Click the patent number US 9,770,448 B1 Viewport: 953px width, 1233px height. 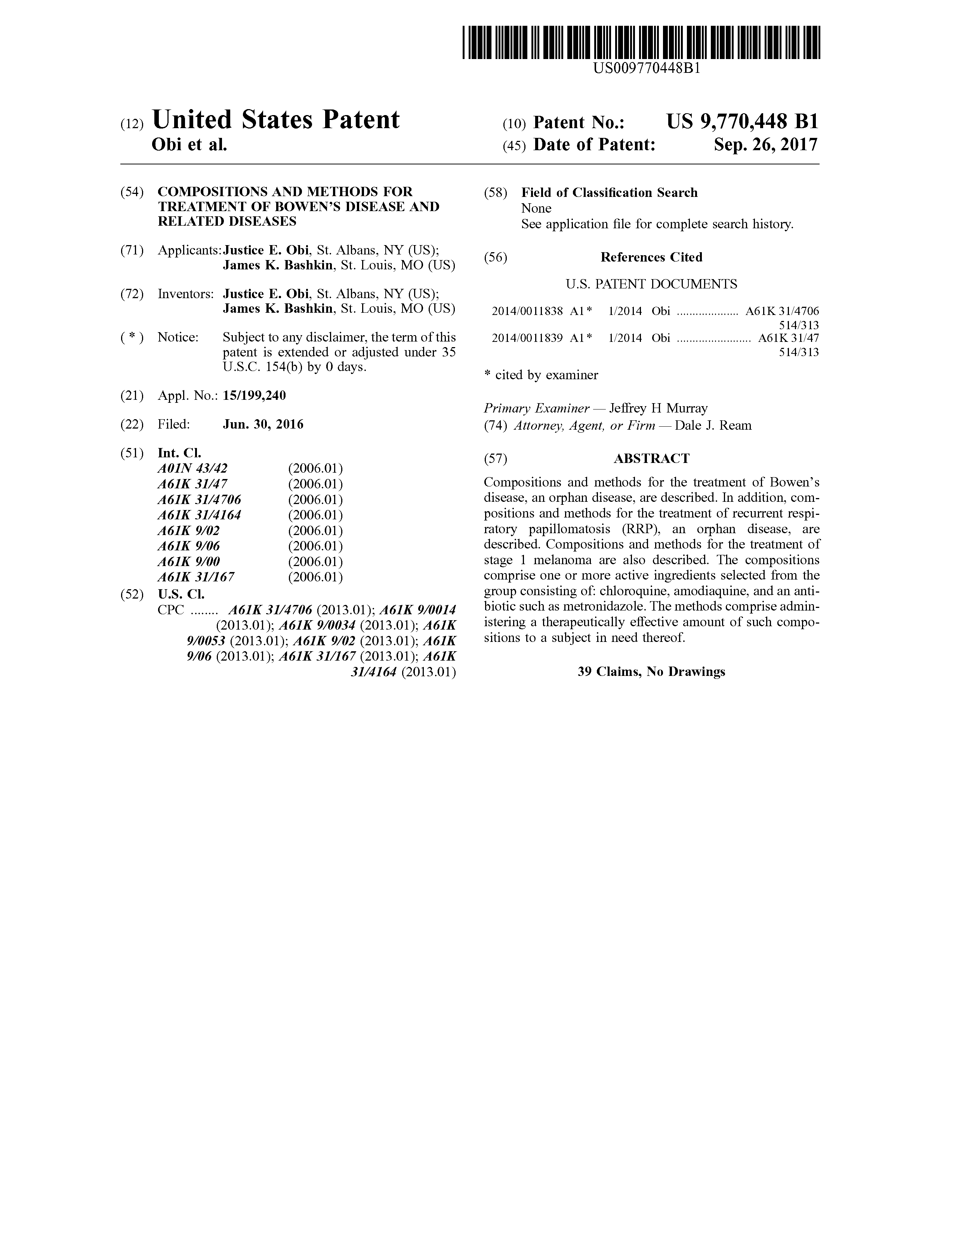742,122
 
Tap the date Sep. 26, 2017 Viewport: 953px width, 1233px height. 765,145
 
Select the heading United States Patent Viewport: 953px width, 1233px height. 275,120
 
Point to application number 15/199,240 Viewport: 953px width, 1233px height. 254,396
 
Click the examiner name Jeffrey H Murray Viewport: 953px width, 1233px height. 658,408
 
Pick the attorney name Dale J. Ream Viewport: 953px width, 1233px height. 713,426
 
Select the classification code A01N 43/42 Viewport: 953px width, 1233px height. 192,469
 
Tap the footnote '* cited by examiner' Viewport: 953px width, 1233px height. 541,375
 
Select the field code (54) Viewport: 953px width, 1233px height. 132,192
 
